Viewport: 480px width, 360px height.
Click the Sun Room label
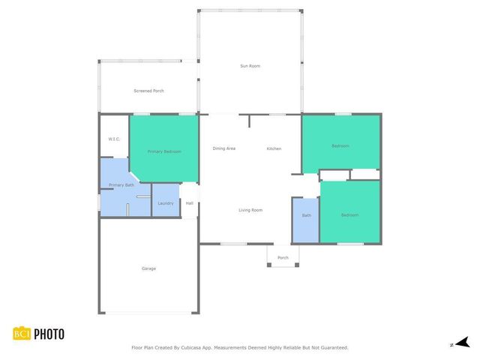250,66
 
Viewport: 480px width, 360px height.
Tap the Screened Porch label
148,91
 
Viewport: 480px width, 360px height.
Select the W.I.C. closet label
114,139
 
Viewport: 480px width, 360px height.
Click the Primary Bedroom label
164,151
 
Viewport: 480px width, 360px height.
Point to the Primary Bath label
121,184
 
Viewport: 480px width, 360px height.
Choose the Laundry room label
166,203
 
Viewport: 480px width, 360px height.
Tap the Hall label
190,203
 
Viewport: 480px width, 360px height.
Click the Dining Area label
224,148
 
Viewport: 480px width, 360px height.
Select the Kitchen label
274,148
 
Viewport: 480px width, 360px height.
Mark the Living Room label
250,210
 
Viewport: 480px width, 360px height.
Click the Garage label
149,268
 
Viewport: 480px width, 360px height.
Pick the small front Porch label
283,257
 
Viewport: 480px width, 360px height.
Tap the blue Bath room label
306,215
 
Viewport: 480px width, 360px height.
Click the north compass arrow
463,343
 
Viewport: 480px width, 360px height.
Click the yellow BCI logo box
22,334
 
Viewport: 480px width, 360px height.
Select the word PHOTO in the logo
49,334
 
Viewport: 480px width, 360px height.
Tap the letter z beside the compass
451,344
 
